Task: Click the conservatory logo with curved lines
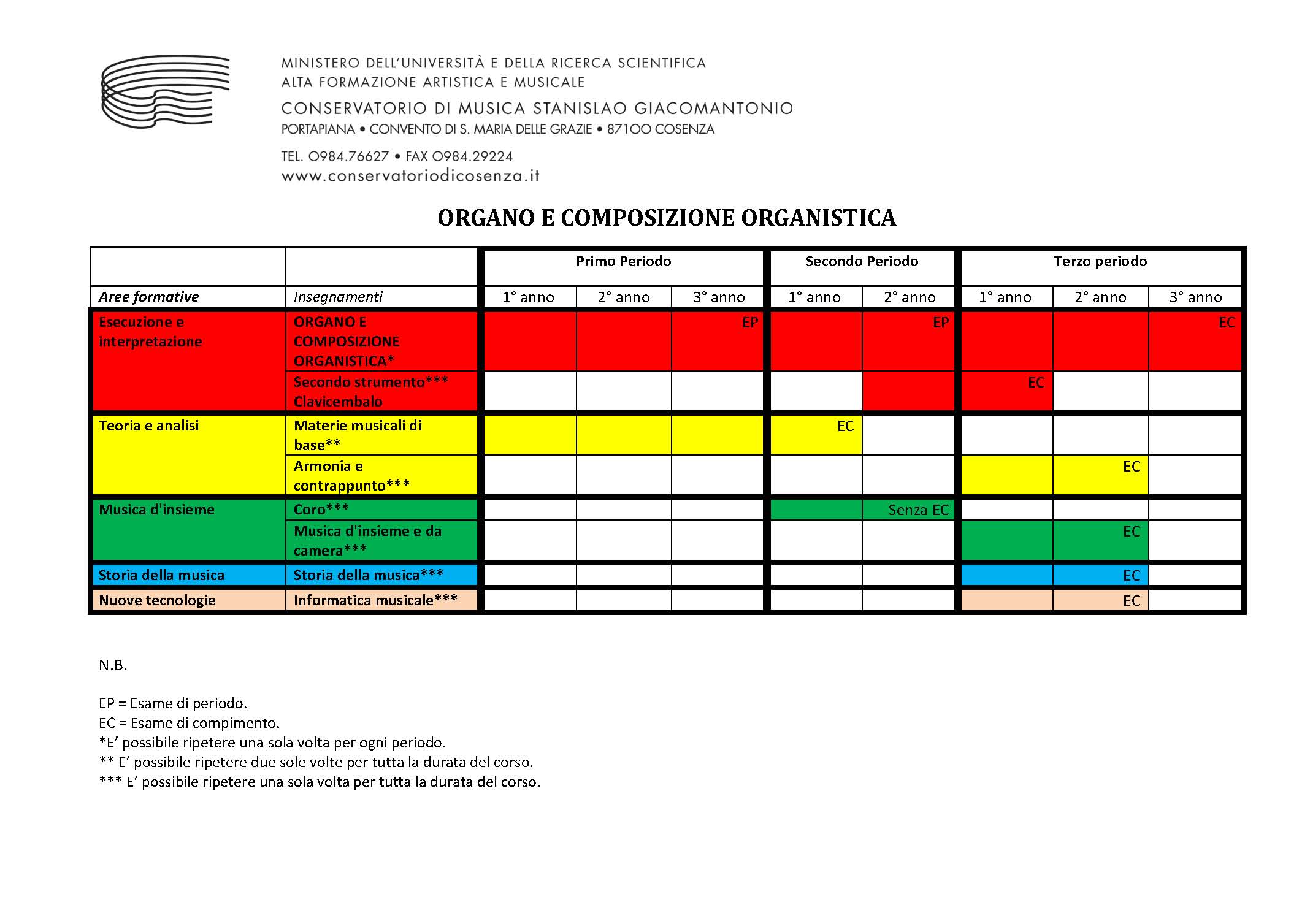[x=165, y=91]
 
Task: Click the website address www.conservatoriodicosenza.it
[x=410, y=176]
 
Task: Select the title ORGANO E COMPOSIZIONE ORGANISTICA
[x=667, y=218]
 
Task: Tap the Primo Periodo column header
[x=623, y=262]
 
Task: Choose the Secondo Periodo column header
[x=862, y=262]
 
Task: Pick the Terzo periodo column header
[x=1100, y=262]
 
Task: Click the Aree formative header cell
[x=149, y=297]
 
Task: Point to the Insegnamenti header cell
[x=338, y=297]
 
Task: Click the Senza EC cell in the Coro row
[x=918, y=510]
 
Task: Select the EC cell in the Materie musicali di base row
[x=845, y=426]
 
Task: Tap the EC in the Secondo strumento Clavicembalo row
[x=1035, y=383]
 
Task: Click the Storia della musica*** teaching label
[x=368, y=575]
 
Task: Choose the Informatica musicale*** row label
[x=375, y=600]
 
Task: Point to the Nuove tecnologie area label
[x=157, y=600]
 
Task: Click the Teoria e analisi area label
[x=149, y=426]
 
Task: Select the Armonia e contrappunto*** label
[x=351, y=476]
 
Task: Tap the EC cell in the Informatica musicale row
[x=1131, y=601]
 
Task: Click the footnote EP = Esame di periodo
[x=173, y=703]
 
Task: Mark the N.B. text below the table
[x=113, y=665]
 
